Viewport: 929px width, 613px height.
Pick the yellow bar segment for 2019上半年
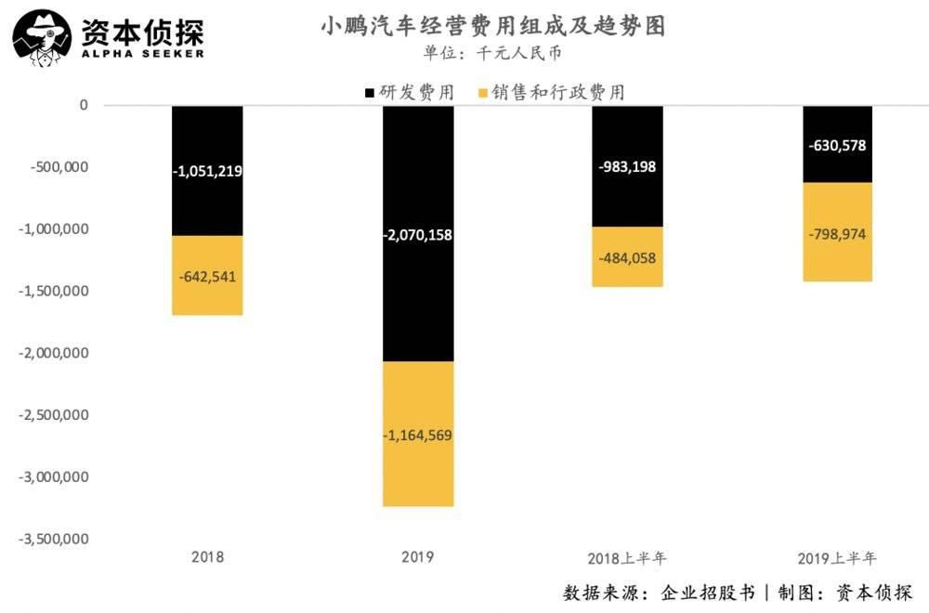(837, 260)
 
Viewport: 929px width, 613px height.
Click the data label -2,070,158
(418, 235)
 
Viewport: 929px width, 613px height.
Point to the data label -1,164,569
(418, 435)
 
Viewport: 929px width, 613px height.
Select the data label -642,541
(207, 276)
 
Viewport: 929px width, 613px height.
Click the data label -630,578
(837, 145)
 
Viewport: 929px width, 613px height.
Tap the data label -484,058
(627, 257)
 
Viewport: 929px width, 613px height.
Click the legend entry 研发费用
(410, 93)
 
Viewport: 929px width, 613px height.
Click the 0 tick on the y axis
(83, 105)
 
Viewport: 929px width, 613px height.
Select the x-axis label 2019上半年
(837, 559)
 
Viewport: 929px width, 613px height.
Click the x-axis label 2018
(207, 558)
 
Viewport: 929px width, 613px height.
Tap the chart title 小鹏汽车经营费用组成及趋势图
(493, 26)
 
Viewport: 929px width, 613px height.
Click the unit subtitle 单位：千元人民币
(493, 54)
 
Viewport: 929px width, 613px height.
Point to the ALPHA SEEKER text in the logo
(142, 54)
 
